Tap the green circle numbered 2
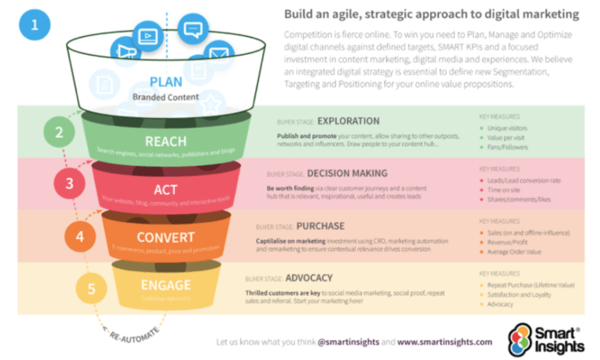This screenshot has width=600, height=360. click(x=59, y=133)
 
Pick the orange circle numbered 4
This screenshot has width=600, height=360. click(x=79, y=234)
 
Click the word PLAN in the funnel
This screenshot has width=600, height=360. click(x=165, y=81)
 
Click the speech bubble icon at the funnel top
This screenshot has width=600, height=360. click(x=194, y=31)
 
